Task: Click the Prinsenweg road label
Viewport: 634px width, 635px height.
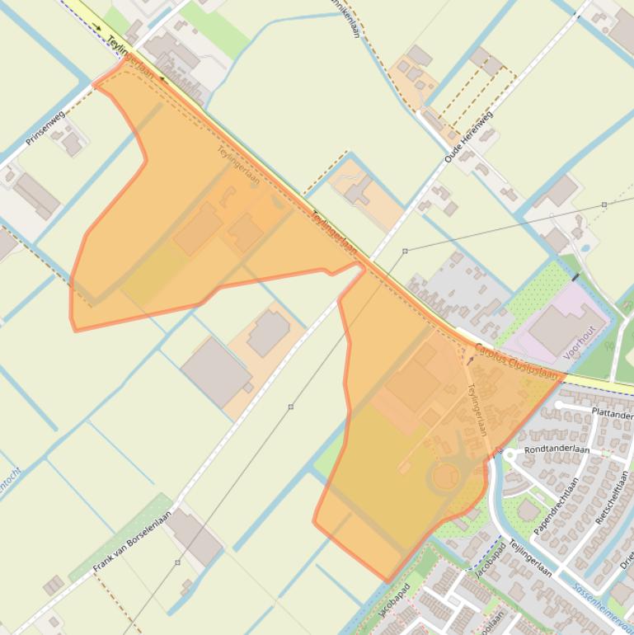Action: tap(45, 129)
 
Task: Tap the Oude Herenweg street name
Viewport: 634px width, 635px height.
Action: tap(467, 136)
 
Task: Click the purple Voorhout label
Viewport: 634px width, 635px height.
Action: tap(579, 342)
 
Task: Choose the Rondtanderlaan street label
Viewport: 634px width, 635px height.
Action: tap(557, 449)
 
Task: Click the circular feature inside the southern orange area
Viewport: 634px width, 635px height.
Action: tap(445, 476)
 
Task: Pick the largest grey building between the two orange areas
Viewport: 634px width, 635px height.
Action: tap(216, 372)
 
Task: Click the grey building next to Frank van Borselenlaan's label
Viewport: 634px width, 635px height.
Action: tap(195, 535)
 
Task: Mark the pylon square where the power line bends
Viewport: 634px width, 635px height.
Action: tap(405, 251)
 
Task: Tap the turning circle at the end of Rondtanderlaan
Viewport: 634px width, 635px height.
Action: tap(512, 455)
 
